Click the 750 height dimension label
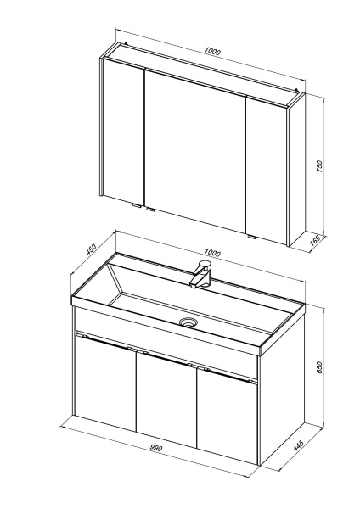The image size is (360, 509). point(320,166)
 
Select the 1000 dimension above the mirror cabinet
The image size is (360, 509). point(212,51)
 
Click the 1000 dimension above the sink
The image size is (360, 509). point(212,252)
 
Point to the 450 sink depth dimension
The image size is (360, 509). point(91,249)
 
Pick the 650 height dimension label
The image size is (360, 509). point(320,367)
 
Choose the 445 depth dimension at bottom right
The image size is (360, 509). point(299,445)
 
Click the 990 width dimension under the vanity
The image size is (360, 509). point(155,448)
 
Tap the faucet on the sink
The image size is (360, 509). point(201,274)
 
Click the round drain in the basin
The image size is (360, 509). point(188,322)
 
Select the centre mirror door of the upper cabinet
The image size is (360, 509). point(194,150)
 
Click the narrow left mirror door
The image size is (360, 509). point(124,132)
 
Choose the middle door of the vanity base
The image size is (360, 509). point(166,400)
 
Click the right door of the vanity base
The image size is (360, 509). point(228,417)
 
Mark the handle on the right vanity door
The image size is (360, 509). point(229,375)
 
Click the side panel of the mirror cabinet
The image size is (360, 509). point(296,170)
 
